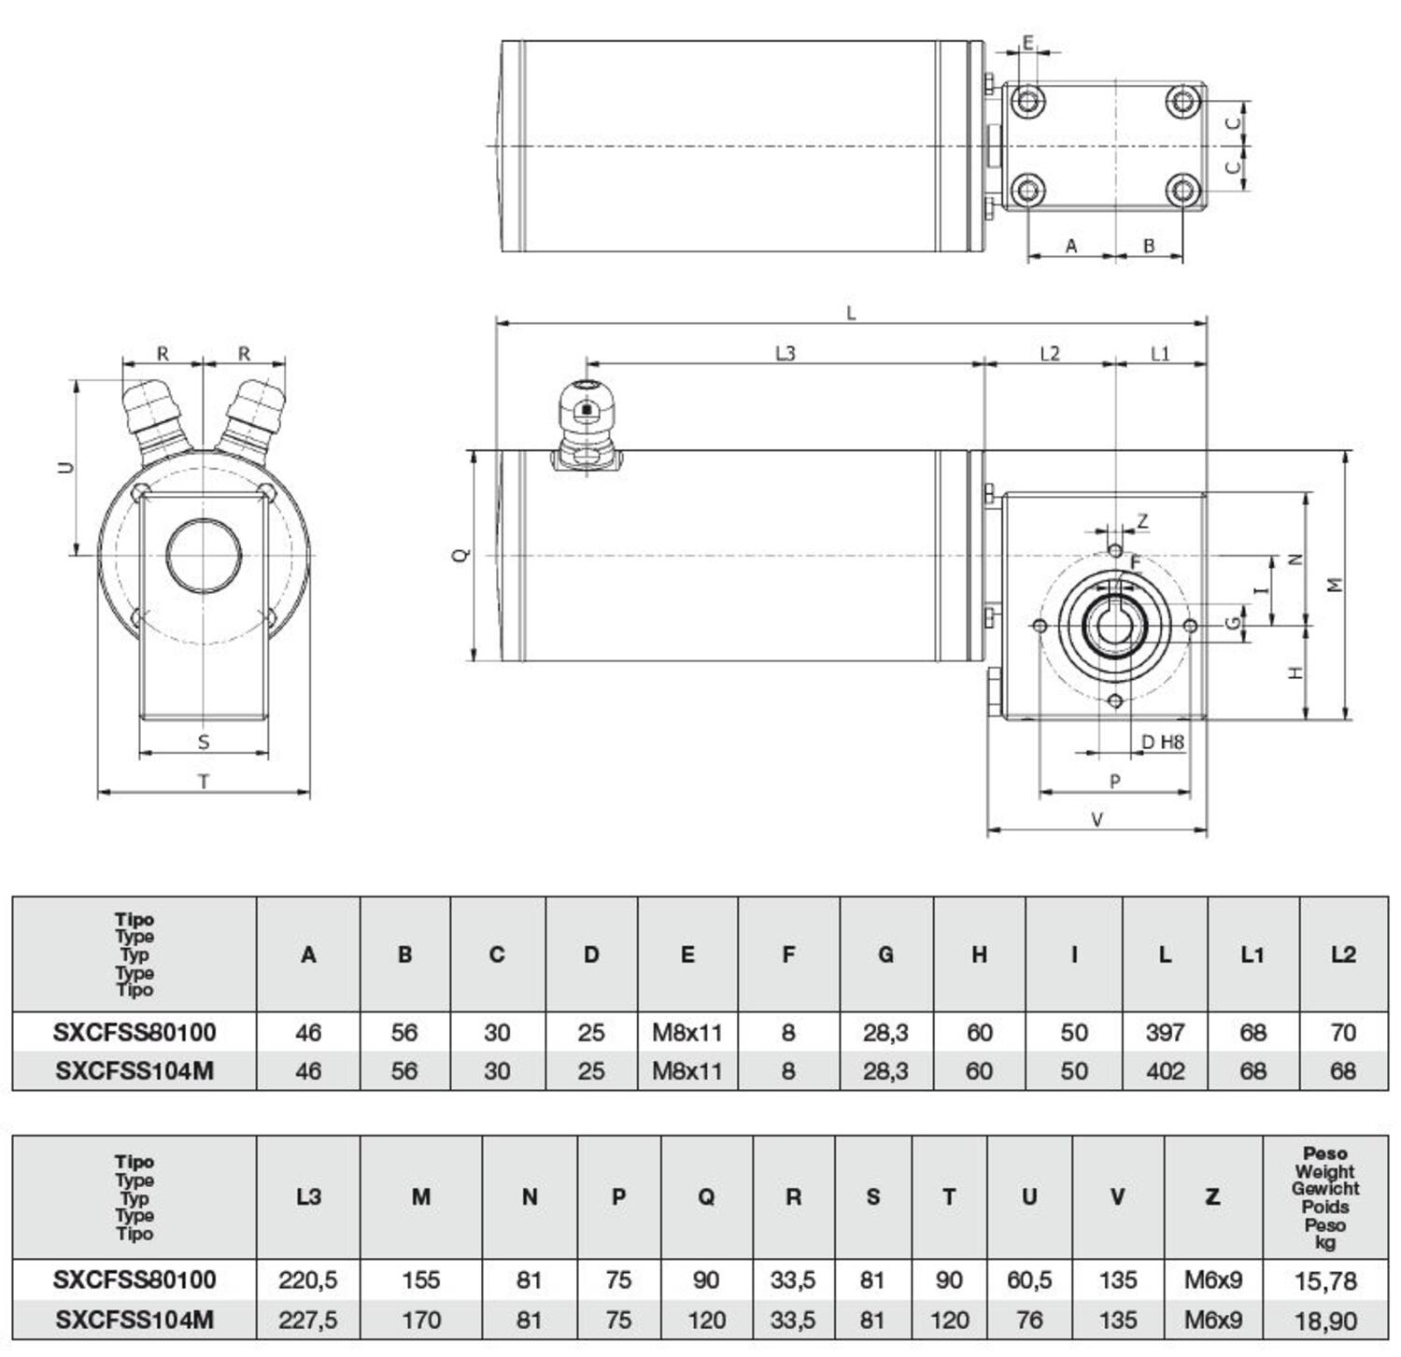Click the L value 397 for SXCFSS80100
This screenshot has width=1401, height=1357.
tap(1165, 1032)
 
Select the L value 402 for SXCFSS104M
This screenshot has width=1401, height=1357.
tap(1165, 1070)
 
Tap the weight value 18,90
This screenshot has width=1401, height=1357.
tap(1325, 1321)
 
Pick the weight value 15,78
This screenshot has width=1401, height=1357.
tap(1325, 1280)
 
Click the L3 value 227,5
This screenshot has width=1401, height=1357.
tap(307, 1320)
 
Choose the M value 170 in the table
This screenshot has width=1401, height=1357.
tap(420, 1320)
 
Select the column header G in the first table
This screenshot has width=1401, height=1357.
tap(885, 954)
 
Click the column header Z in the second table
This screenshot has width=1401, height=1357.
tap(1212, 1196)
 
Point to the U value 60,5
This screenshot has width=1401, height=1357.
tap(1029, 1279)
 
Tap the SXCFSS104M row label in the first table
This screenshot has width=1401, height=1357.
tap(134, 1070)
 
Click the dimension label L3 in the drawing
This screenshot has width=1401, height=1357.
tap(785, 353)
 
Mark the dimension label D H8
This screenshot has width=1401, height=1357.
tap(1163, 742)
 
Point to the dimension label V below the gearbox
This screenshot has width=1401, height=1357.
tap(1097, 819)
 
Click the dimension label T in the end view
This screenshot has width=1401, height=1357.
tap(204, 782)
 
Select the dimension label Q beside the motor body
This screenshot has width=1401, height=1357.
tap(461, 555)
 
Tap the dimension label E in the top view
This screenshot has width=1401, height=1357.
tap(1028, 43)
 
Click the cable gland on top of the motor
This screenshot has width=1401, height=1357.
tap(586, 425)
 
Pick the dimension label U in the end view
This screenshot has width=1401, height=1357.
tap(66, 466)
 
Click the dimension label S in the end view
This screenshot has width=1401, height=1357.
tap(204, 742)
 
